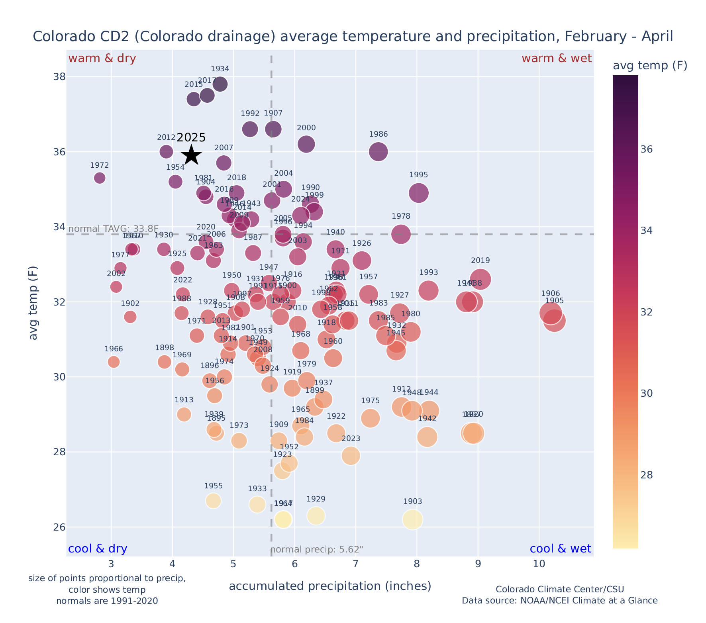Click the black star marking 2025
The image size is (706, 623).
coord(192,155)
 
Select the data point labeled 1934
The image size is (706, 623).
coord(220,84)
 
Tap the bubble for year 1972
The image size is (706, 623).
coord(100,178)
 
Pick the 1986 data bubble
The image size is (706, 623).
coord(378,151)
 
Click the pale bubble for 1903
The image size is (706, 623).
coord(412,519)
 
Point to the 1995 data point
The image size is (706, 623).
coord(418,193)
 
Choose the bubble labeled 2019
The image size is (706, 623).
coord(480,279)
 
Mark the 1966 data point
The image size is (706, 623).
coord(114,362)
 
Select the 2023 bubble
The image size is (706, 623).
coord(351,455)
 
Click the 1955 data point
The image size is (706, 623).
coord(213,501)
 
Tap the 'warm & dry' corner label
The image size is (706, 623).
coord(102,59)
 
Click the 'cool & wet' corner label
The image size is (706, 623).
coord(560,549)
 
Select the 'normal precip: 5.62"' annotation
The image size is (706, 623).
coord(317,550)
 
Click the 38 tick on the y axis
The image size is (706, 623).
coord(60,76)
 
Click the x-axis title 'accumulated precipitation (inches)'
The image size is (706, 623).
coord(330,586)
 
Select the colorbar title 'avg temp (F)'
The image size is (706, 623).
coord(650,66)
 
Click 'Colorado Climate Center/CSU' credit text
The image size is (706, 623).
coord(559,589)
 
